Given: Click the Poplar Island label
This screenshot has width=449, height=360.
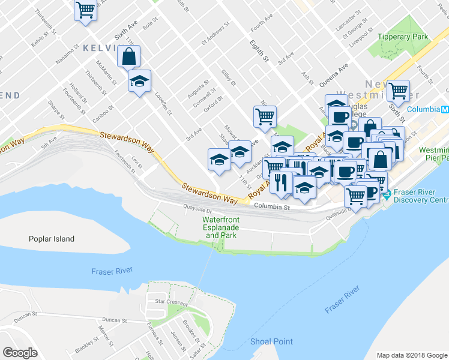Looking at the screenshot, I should [x=52, y=239].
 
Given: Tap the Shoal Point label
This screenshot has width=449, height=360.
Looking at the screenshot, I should [x=271, y=341].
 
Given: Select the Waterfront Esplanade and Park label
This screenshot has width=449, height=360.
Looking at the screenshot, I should [x=221, y=227].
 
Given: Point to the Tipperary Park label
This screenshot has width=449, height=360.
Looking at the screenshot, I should [x=403, y=37].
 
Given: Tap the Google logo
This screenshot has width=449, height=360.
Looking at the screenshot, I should [x=20, y=353].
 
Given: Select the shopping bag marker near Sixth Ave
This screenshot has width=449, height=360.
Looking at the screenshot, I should [x=128, y=57].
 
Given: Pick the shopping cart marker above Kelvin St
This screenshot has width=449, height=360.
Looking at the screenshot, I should [x=86, y=10].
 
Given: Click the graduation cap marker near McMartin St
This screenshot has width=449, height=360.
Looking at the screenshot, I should [x=139, y=82].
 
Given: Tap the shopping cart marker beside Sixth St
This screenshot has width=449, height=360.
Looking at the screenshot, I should [x=398, y=91].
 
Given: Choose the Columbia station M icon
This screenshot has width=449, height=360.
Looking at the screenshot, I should [x=444, y=110].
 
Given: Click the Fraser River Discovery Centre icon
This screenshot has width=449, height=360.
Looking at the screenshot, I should [x=387, y=194].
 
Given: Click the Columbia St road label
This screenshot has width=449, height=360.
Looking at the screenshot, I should [x=271, y=207].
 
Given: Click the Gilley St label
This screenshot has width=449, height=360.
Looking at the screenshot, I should [x=228, y=78].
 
